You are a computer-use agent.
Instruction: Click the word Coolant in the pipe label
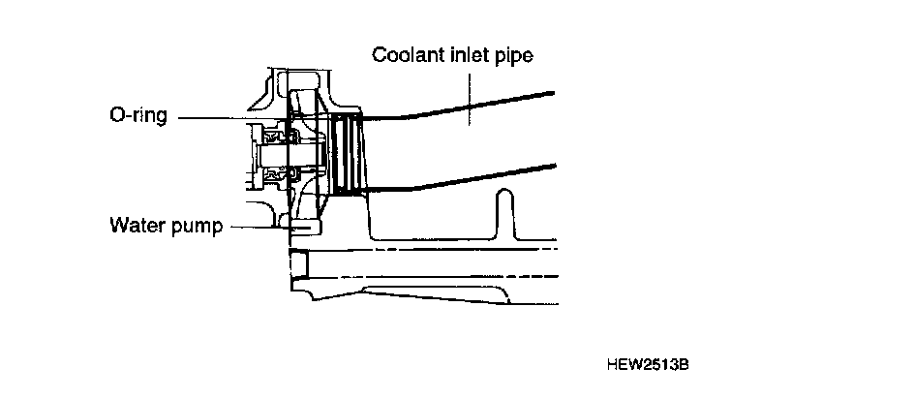405,55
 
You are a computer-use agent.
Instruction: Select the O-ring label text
138,116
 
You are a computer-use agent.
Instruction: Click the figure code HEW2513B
647,366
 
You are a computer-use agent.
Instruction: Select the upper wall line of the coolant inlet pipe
465,106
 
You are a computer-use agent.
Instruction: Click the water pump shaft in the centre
276,150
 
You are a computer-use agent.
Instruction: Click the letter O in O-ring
115,115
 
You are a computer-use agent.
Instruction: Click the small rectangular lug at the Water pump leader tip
302,228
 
